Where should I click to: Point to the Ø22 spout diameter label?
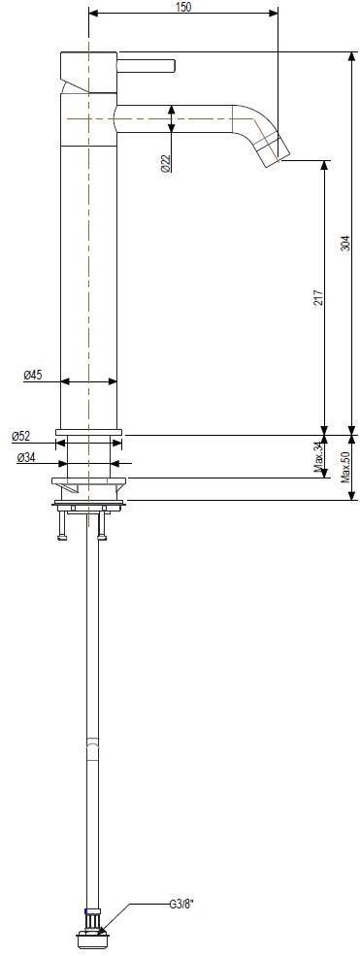click(166, 163)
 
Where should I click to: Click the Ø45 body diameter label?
click(33, 376)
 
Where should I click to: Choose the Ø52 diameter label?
click(20, 436)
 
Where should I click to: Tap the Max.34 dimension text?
click(318, 457)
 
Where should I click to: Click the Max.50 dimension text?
click(346, 468)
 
